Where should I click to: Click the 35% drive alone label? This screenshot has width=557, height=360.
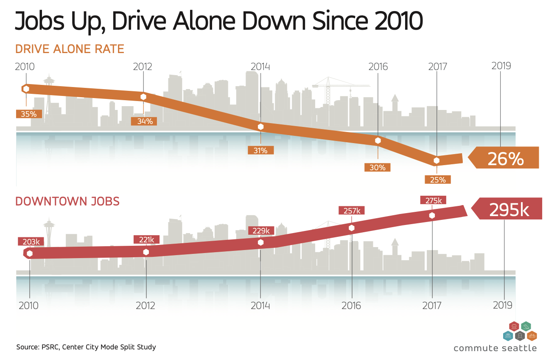click(29, 114)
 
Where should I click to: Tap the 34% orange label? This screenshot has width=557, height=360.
click(144, 121)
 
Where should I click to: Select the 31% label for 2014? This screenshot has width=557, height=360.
click(260, 150)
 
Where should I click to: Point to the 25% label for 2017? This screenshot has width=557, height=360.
click(437, 180)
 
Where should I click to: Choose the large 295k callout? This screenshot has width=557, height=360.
click(509, 210)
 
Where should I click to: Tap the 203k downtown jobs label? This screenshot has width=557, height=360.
click(31, 242)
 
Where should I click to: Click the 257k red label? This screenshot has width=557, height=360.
click(352, 210)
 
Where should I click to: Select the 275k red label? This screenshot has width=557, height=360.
click(432, 200)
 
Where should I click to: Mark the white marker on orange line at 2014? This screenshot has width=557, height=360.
click(260, 127)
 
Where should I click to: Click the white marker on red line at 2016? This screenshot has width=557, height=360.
click(352, 228)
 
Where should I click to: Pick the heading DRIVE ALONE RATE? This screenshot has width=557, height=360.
click(70, 49)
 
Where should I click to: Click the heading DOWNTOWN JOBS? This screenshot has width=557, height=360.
click(67, 201)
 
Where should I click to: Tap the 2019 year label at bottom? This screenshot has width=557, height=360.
click(504, 305)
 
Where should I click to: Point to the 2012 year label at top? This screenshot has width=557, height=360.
click(143, 67)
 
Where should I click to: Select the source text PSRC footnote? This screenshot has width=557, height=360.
click(86, 347)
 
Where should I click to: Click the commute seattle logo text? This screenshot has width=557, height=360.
click(495, 348)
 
